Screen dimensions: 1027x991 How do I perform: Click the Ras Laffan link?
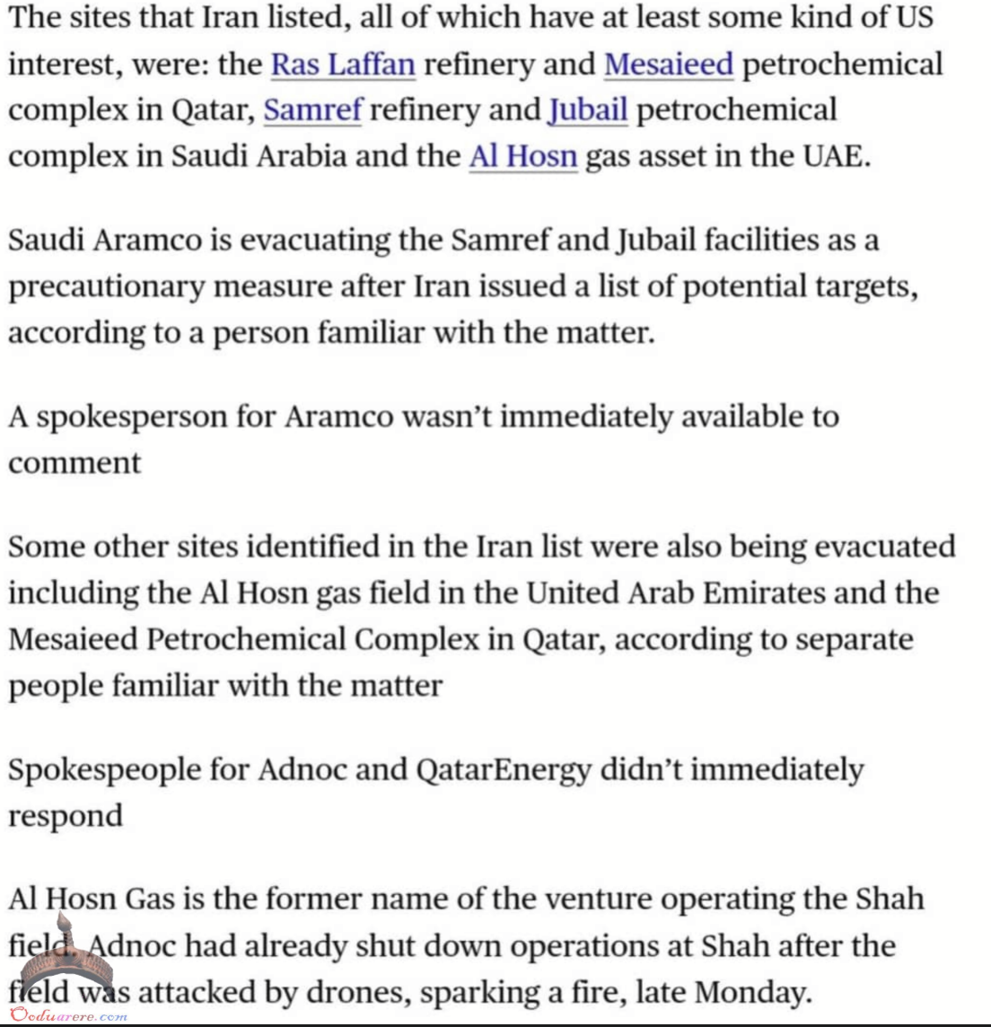tap(343, 65)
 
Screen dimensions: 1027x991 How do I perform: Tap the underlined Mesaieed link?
tap(669, 65)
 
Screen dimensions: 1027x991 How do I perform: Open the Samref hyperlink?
tap(312, 110)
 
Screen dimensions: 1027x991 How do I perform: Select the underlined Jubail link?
tap(588, 110)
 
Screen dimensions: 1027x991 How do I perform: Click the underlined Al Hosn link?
tap(523, 156)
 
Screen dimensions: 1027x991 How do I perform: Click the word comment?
tap(75, 463)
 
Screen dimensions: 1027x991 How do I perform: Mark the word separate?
tap(854, 639)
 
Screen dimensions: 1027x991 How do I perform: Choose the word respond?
tap(66, 816)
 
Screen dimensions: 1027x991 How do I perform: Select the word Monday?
tap(752, 992)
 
